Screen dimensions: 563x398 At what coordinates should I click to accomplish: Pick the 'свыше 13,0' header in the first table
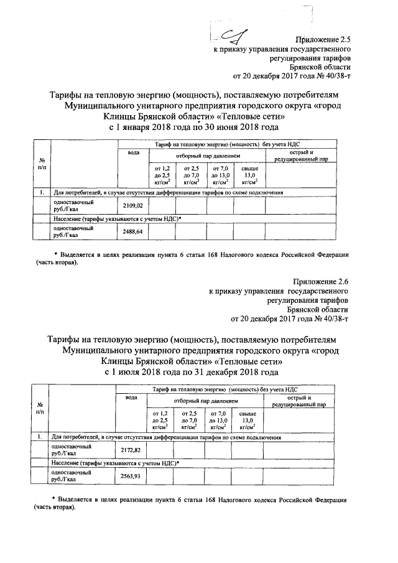coord(249,175)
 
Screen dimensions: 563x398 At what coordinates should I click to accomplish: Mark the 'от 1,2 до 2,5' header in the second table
coord(160,420)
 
